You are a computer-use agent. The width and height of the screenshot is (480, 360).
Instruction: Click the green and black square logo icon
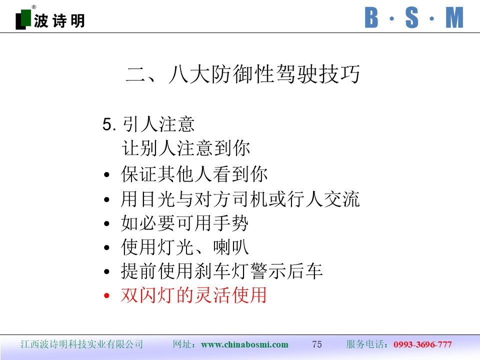point(23,19)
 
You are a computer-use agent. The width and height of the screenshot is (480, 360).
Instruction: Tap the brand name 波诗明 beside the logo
point(59,21)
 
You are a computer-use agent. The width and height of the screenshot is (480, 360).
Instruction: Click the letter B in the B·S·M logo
point(371,18)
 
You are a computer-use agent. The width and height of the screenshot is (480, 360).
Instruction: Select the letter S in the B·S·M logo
point(411,18)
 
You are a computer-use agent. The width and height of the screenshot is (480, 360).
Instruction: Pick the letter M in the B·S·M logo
point(454,18)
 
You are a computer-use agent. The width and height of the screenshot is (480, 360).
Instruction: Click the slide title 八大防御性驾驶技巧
point(264,74)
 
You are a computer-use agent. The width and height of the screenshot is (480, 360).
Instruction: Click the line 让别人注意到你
point(186,148)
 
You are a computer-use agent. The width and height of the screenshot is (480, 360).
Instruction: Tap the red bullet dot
point(106,295)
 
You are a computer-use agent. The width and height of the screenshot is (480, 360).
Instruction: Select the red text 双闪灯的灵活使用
point(194,295)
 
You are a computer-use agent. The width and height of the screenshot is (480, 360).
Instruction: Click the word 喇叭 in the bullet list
point(231,247)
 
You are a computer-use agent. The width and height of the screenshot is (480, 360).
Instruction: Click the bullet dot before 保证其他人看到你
point(106,175)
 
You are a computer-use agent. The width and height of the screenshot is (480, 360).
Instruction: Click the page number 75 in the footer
point(317,344)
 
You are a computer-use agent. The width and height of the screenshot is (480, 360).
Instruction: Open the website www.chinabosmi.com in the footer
point(244,344)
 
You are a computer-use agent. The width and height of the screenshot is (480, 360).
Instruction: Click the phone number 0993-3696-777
point(422,344)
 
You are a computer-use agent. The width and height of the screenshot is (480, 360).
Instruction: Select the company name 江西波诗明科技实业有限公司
point(81,344)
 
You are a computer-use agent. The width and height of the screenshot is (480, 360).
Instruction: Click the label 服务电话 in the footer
point(365,344)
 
